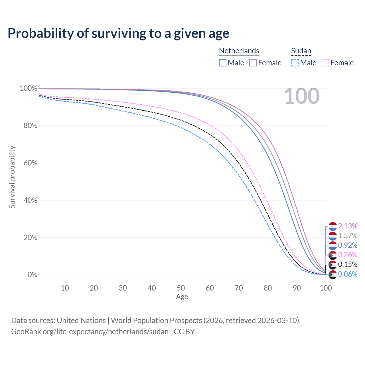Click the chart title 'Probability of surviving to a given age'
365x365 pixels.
[118, 33]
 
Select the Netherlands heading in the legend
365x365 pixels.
[239, 51]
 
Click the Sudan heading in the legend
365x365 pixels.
[301, 51]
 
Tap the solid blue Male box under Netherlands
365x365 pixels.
[222, 63]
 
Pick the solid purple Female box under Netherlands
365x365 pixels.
[253, 63]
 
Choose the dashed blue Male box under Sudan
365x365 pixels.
[295, 63]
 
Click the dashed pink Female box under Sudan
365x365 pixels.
[325, 63]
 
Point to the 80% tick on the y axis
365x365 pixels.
[30, 125]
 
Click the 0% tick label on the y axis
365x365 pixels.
[33, 275]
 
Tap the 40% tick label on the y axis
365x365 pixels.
[30, 200]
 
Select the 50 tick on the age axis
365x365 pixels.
[181, 288]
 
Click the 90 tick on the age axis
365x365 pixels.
[297, 288]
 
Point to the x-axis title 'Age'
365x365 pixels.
[182, 297]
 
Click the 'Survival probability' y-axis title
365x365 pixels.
[12, 177]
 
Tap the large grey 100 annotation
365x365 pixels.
[302, 96]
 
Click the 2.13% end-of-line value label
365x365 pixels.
[348, 226]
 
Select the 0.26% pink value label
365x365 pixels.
[348, 255]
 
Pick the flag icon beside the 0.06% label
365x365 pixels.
[332, 275]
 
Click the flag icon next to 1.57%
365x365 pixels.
[332, 236]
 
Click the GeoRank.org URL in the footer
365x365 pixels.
[90, 332]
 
